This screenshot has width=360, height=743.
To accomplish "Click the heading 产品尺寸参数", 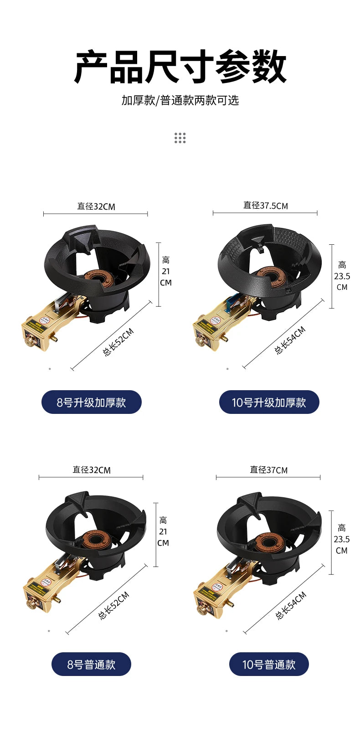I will tap(180, 67).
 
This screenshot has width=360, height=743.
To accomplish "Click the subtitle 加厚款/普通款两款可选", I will tap(180, 100).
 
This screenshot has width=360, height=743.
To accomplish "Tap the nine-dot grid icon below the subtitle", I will tap(180, 138).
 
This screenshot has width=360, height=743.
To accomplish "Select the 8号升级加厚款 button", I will tap(92, 402).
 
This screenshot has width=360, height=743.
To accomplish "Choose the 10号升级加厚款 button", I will tap(269, 402).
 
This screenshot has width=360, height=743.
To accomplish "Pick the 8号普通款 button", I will tap(91, 665).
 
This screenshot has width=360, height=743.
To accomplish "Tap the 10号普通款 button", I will tap(269, 665).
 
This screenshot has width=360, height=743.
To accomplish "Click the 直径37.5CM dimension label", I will tap(266, 206).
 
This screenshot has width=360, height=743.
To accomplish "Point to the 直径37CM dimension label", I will tap(268, 470).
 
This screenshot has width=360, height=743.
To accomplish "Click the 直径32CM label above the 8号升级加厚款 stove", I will tap(96, 206).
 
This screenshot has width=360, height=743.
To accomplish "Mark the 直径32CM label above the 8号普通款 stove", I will tap(91, 470).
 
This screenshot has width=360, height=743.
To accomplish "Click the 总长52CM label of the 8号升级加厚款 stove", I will tap(118, 342).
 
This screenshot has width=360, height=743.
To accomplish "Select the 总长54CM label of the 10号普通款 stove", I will tap(291, 605).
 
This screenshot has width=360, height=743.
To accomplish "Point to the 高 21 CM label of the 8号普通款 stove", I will tap(163, 531).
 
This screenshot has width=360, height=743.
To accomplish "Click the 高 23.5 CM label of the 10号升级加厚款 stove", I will tap(342, 276).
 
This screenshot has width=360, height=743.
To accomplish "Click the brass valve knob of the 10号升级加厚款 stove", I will tap(201, 340).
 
